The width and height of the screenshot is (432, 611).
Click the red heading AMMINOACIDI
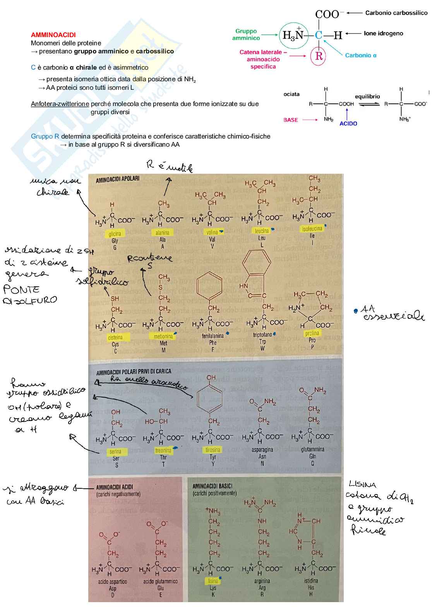coord(53,35)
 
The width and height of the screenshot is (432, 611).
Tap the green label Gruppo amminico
coord(246,34)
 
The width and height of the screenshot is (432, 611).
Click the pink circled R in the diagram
coord(319,56)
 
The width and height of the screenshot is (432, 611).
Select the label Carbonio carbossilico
coord(396,13)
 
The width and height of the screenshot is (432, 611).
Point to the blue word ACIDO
coord(348,123)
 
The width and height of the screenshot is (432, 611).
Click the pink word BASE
coord(290,120)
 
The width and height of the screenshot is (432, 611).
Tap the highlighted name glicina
coord(115,233)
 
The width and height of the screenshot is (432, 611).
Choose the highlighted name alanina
coord(162,233)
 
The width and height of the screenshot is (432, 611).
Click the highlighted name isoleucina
coord(312,229)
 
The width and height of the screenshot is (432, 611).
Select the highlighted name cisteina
coord(115,337)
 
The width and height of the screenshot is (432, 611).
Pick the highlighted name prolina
coord(312,333)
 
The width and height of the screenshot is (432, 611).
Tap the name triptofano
coord(262,335)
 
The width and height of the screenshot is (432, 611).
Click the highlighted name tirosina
coord(213,450)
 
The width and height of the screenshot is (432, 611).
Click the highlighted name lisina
coord(213,581)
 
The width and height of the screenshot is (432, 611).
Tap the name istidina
coord(311,581)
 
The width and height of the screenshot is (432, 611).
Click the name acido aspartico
coord(112,582)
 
